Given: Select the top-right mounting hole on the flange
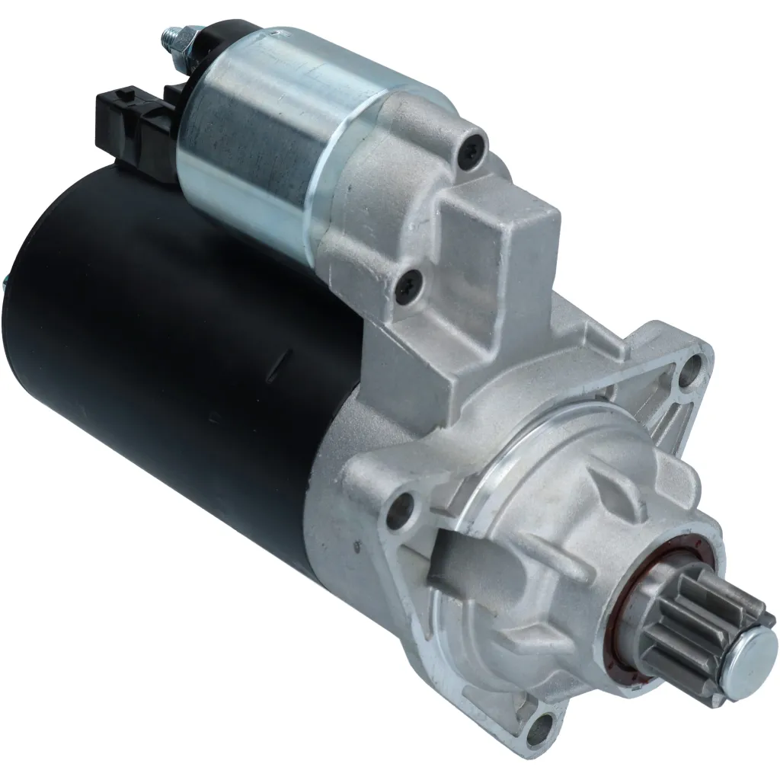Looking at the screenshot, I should pos(691,370).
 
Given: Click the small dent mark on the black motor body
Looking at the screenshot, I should pos(283,357).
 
